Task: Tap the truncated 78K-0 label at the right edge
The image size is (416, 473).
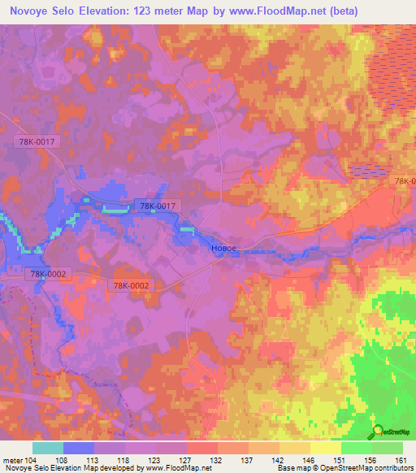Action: click(404, 181)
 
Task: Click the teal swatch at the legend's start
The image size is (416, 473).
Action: click(48, 448)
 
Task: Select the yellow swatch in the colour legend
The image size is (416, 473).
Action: click(326, 448)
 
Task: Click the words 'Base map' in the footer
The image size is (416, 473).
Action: click(291, 468)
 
